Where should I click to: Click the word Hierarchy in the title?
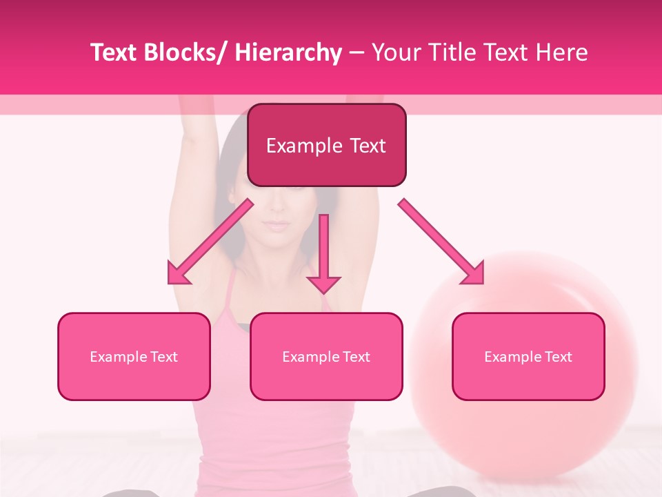(288, 52)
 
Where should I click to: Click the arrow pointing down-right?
(441, 242)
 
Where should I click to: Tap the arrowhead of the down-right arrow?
(473, 273)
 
